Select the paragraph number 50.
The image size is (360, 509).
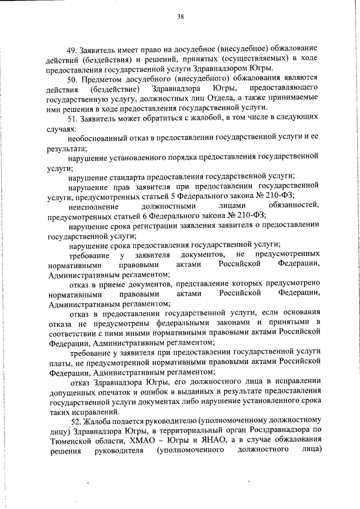[x=71, y=79]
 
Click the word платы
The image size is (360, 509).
[x=60, y=363]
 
